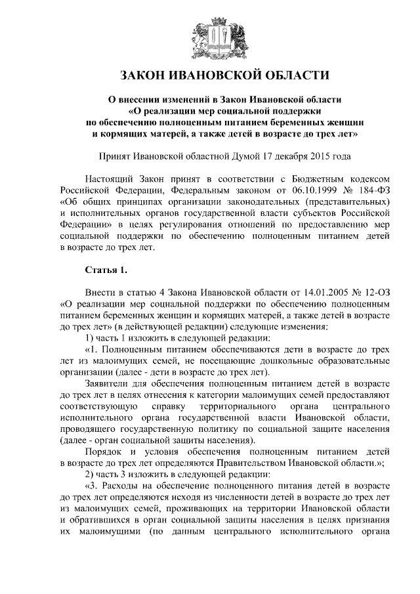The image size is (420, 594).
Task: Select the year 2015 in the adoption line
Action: coord(318,157)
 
